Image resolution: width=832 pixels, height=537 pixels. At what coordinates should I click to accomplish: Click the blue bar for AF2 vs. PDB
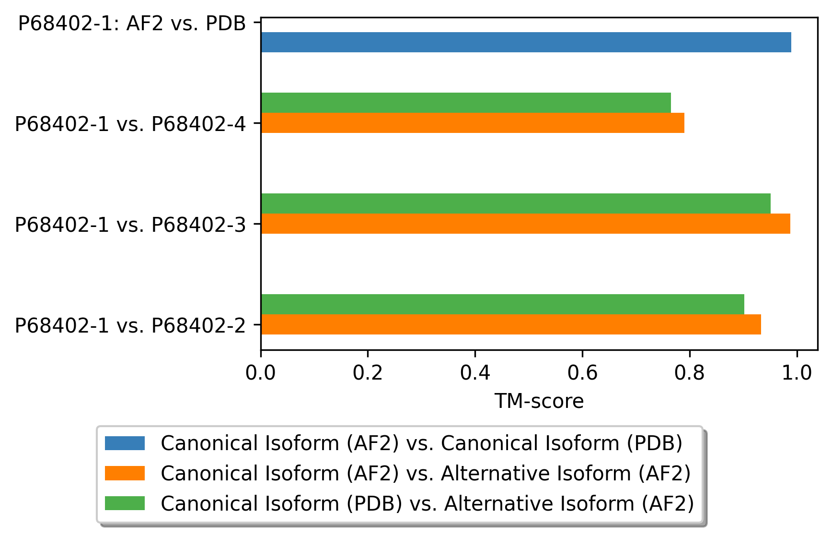click(x=526, y=42)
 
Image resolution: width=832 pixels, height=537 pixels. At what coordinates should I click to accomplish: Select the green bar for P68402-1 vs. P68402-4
click(x=466, y=103)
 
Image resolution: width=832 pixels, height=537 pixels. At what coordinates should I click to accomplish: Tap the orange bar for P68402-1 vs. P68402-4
click(x=473, y=123)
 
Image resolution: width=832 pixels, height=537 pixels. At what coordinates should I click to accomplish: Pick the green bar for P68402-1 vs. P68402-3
click(x=516, y=203)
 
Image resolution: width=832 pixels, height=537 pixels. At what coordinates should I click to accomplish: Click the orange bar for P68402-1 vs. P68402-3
click(x=525, y=224)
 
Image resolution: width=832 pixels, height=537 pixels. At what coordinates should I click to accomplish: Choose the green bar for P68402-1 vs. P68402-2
click(x=502, y=304)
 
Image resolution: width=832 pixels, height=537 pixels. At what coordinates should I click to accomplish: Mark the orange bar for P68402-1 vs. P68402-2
click(x=511, y=324)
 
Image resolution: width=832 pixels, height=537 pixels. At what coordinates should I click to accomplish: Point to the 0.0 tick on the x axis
click(x=261, y=372)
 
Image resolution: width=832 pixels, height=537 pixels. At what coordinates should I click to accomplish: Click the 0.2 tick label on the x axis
click(x=368, y=372)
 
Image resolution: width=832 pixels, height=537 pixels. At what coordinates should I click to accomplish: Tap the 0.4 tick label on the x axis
click(x=475, y=372)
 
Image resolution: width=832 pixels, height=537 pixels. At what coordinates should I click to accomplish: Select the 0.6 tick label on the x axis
click(x=582, y=372)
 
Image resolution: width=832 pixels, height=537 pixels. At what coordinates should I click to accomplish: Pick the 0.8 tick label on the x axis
click(x=690, y=372)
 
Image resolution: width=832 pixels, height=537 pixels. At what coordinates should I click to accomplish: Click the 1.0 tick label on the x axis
click(x=797, y=372)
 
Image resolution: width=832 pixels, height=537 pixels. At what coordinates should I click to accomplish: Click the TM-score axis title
click(x=539, y=401)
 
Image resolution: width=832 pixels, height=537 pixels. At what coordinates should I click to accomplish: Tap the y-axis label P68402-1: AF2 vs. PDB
click(x=132, y=23)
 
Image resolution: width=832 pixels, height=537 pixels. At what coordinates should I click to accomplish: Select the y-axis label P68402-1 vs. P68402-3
click(x=130, y=225)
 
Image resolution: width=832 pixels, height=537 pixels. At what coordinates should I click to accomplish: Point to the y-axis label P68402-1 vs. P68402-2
click(x=130, y=325)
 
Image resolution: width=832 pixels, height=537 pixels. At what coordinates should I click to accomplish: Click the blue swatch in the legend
click(x=125, y=443)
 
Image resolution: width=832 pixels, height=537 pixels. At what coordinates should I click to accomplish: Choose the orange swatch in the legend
click(x=125, y=473)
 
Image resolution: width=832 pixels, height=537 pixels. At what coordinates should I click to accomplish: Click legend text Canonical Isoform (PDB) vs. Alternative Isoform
click(x=427, y=503)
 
